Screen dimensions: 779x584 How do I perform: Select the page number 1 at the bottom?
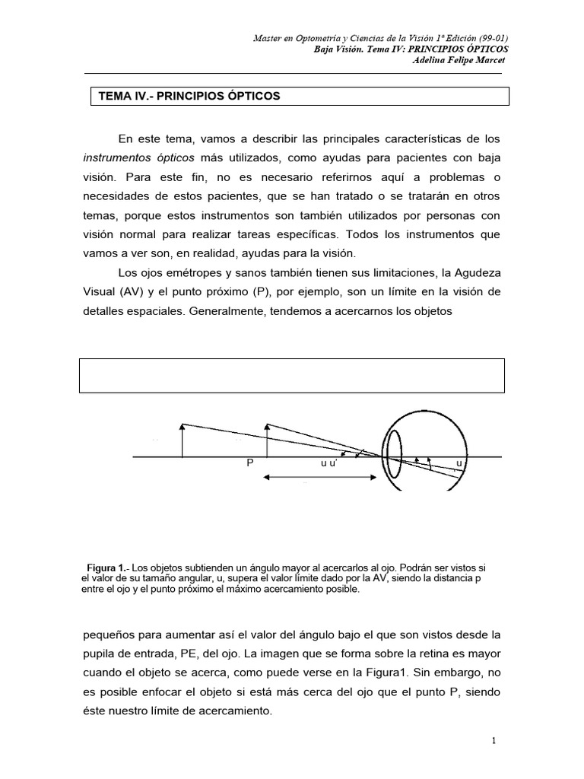coord(494,740)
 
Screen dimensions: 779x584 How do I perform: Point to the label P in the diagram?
coord(249,463)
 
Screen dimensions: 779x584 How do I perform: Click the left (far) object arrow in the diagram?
coord(182,440)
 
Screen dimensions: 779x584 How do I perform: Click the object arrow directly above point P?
coord(266,440)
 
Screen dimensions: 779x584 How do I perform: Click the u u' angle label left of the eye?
coord(329,463)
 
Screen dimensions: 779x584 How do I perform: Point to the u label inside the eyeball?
coord(459,463)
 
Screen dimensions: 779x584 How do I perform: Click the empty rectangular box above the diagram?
coord(292,376)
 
